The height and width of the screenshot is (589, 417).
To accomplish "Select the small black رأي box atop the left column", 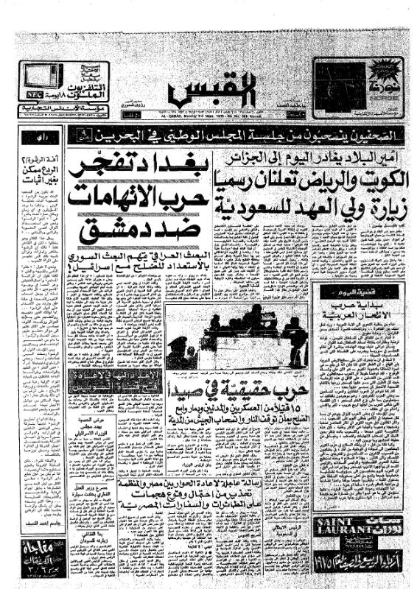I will click(x=49, y=136).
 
